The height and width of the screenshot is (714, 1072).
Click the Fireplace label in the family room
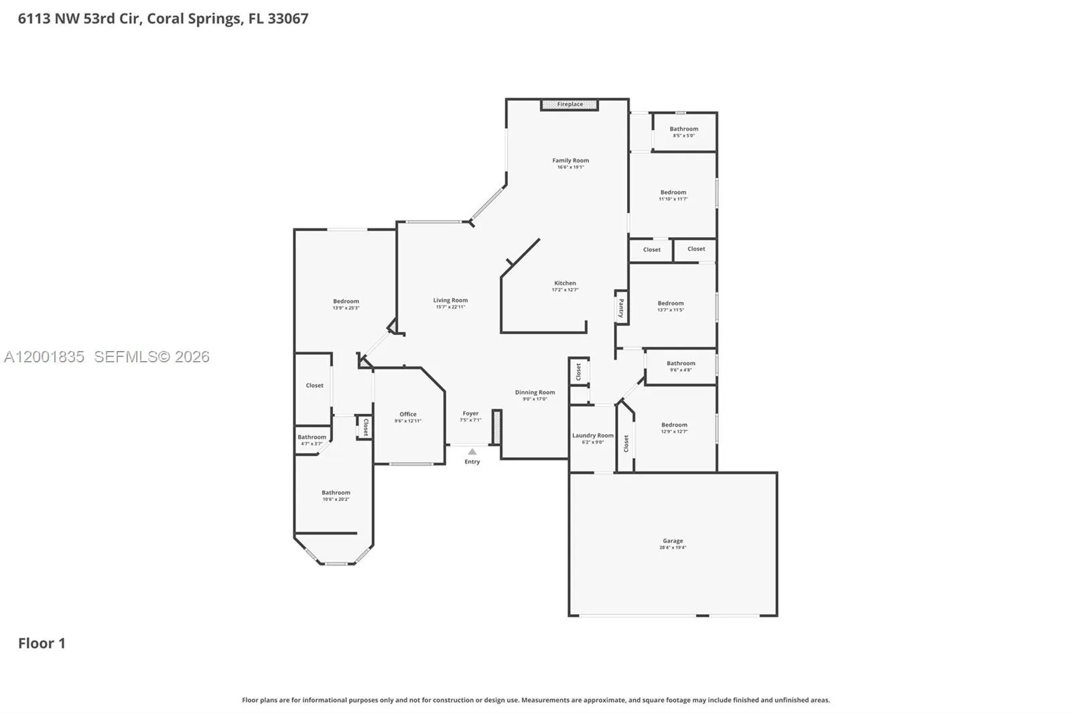[569, 104]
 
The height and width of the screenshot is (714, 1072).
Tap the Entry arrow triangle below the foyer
[472, 452]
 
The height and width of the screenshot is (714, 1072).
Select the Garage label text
[673, 541]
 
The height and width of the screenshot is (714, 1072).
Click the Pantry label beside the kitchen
[621, 308]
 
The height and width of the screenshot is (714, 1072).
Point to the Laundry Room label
[592, 435]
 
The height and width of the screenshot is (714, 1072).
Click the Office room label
[408, 414]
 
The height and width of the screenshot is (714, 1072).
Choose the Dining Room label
[535, 392]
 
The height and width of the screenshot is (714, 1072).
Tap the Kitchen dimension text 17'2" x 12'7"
[565, 290]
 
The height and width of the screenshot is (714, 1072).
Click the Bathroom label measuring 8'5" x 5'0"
[683, 129]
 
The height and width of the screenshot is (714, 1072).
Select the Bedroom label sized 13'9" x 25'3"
[346, 301]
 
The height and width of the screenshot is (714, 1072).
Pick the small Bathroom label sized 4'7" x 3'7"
[312, 437]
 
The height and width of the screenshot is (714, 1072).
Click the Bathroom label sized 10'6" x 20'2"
[336, 492]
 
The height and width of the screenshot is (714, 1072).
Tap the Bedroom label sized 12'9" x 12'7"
[674, 425]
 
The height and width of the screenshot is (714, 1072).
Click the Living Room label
[450, 300]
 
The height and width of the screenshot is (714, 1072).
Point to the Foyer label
[470, 413]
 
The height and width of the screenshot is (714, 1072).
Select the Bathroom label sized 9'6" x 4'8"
[681, 363]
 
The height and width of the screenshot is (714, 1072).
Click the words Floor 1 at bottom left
[42, 643]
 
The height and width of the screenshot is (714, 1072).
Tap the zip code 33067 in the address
[288, 18]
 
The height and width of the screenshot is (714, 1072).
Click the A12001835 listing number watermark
[44, 356]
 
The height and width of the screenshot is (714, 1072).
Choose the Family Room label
[570, 160]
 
